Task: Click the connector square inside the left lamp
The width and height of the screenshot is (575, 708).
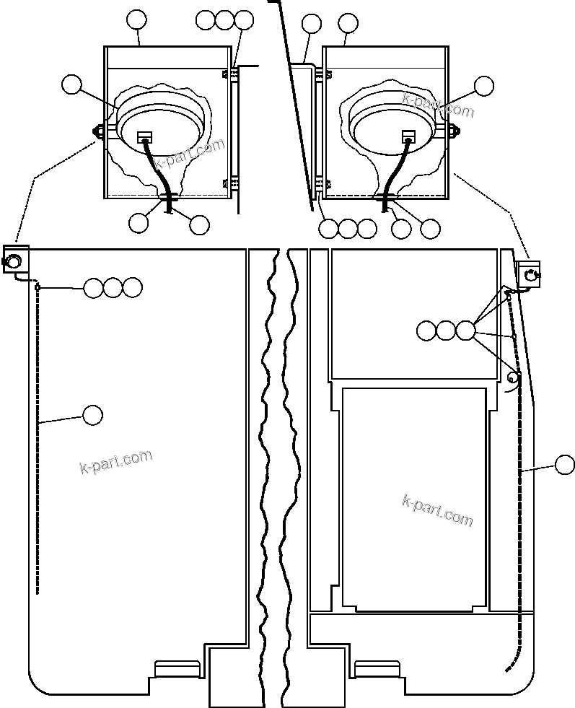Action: tap(145, 136)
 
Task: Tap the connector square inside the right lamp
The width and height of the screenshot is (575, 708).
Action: tap(409, 136)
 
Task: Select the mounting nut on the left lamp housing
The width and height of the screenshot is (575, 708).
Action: tap(96, 131)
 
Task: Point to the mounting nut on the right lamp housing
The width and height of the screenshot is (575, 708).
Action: tap(456, 131)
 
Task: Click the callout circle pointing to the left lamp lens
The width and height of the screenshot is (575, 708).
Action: tap(71, 84)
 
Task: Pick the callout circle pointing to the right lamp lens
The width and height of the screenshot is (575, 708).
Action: tap(484, 86)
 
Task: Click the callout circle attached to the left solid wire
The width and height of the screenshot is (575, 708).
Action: tap(92, 414)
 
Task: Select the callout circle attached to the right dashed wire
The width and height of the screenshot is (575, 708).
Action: tap(566, 466)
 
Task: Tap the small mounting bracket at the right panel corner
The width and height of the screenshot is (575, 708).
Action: tap(529, 272)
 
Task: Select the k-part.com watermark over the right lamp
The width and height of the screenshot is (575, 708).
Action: tap(439, 107)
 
